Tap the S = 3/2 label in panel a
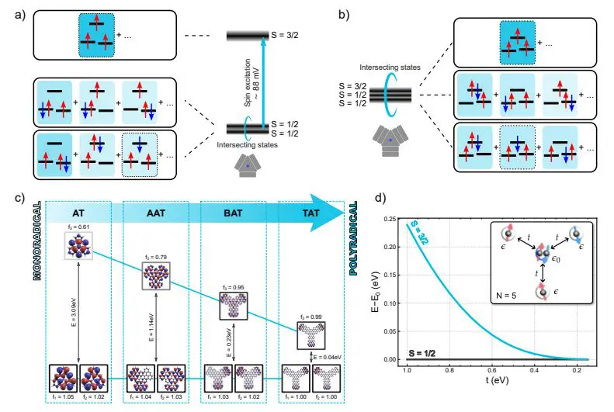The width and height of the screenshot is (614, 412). [x=290, y=36]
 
